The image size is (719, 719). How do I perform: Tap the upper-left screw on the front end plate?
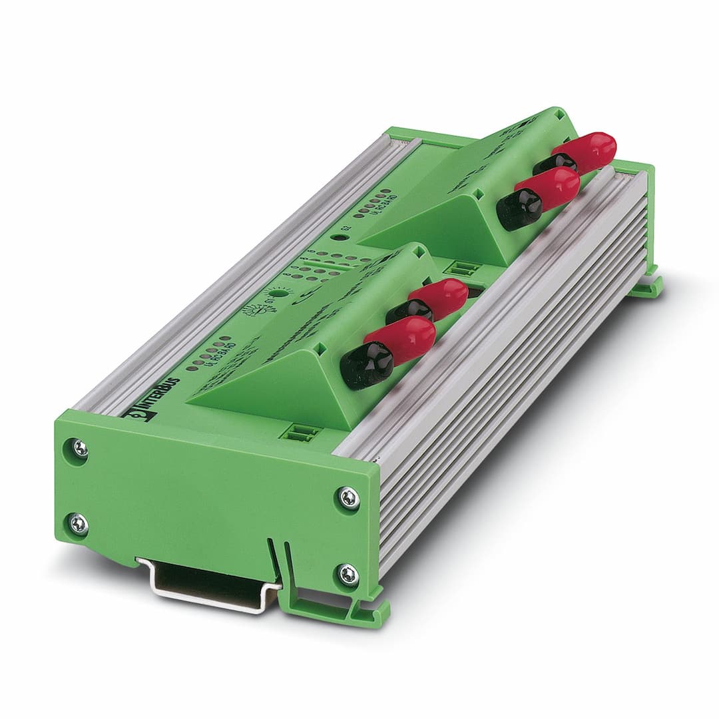coord(80,449)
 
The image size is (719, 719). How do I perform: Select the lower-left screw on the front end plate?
coord(79,525)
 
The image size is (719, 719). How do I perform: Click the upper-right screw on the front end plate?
coord(348,497)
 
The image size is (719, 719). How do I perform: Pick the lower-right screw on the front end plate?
coord(348,574)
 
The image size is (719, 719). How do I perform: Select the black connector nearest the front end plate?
coord(365,366)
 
